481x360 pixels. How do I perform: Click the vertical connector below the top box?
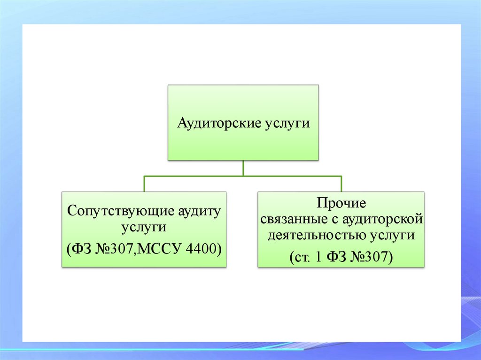(243, 168)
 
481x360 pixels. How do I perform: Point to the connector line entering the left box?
(144, 184)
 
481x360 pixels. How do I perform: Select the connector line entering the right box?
(341, 184)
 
